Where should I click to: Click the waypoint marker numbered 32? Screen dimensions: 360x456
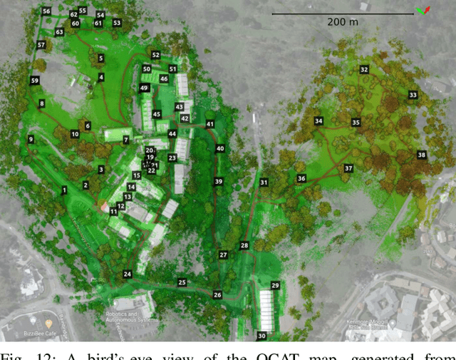point(364,70)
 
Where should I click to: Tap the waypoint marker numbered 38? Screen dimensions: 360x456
point(422,155)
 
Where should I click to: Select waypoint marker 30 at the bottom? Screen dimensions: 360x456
point(261,336)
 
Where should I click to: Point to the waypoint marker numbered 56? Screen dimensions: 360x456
point(46,11)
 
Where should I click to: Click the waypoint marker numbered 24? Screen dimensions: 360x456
point(128,274)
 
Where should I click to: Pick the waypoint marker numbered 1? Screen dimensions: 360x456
point(64,190)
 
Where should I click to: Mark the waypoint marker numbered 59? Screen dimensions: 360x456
point(35,81)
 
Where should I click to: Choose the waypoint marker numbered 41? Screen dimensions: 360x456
point(210,124)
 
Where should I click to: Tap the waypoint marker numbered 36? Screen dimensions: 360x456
point(301,178)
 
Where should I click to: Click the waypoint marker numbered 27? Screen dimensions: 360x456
point(223,254)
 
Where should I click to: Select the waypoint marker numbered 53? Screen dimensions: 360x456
point(117,23)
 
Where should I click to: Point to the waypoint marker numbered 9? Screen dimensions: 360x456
point(31,139)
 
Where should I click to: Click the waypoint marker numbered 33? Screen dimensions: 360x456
point(413,95)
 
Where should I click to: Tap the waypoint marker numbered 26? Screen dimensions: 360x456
point(217,294)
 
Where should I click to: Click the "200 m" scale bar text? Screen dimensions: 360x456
point(343,22)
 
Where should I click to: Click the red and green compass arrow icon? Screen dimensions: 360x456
point(423,10)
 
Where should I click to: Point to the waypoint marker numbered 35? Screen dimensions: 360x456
point(356,123)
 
